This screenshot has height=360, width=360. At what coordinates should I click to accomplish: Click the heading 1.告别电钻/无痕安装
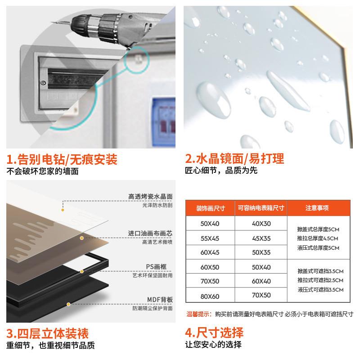(x=62, y=159)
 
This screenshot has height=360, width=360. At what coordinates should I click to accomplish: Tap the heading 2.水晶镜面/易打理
(x=234, y=159)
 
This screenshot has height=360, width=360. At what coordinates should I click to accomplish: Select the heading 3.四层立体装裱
(x=47, y=333)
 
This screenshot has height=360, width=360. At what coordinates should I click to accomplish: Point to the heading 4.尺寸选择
(x=214, y=333)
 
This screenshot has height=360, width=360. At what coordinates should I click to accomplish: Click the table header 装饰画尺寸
(x=210, y=208)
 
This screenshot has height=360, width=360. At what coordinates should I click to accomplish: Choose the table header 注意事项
(x=317, y=208)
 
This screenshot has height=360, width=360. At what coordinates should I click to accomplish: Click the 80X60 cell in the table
(x=210, y=296)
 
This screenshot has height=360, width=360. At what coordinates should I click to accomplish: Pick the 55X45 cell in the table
(x=210, y=238)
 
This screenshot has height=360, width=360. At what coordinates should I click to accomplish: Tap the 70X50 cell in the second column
(x=261, y=296)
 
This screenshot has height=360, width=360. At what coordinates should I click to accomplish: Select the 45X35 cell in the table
(x=261, y=238)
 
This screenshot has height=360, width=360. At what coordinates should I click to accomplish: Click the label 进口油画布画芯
(x=150, y=233)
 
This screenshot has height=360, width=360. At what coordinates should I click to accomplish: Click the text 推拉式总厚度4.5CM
(x=317, y=238)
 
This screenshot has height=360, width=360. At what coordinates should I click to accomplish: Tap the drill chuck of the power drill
(x=90, y=22)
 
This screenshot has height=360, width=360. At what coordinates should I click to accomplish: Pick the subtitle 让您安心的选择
(x=213, y=345)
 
